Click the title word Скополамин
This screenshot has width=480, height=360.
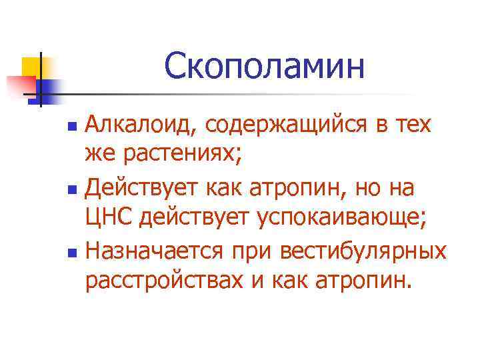pos(265,67)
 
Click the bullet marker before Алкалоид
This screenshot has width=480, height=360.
pos(74,126)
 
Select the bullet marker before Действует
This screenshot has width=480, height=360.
pos(74,189)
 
